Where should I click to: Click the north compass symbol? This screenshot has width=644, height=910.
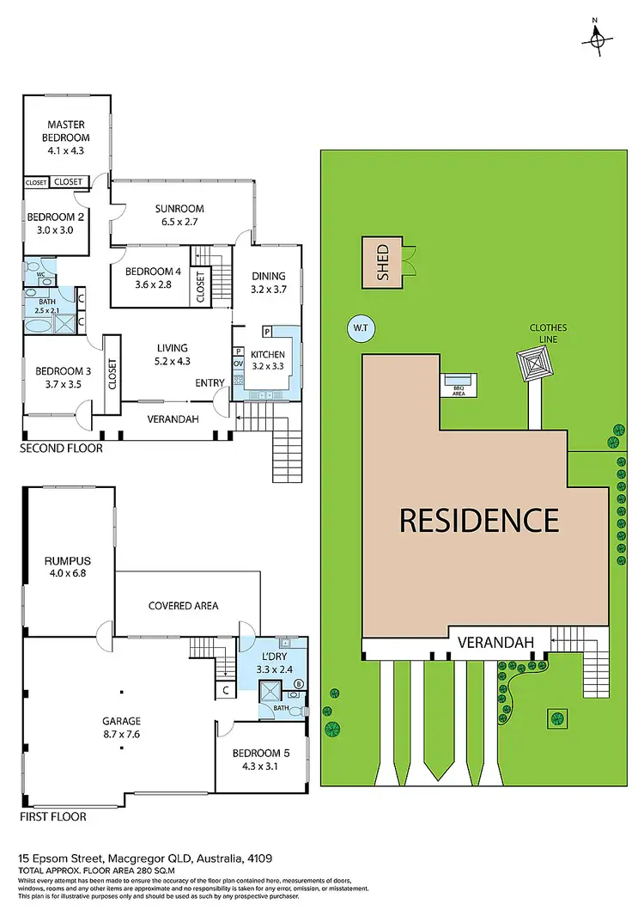598,37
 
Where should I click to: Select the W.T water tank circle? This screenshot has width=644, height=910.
359,327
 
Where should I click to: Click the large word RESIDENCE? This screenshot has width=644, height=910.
479,520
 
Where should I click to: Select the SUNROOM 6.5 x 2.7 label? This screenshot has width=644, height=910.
179,214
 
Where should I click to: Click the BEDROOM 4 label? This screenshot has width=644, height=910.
155,278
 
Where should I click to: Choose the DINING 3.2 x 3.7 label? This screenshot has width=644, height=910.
268,282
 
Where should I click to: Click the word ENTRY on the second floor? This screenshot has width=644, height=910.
210,382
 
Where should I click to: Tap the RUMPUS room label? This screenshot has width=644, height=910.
68,569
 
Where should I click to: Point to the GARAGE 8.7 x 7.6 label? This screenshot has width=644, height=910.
122,727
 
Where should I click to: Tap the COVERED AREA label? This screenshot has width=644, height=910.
184,605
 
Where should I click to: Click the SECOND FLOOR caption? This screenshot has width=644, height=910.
61,449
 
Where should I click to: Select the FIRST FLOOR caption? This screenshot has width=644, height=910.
53,816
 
